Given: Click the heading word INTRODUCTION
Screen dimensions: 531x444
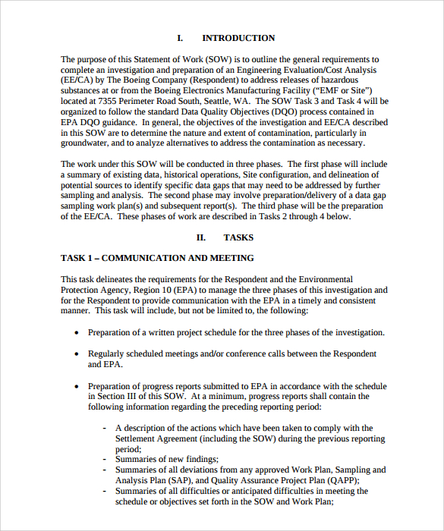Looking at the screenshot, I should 238,38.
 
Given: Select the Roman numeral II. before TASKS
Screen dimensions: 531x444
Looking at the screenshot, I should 202,237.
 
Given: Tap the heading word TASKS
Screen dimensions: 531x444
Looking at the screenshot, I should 238,237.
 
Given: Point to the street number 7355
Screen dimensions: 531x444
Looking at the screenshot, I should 110,100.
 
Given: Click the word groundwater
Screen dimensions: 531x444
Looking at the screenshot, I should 85,143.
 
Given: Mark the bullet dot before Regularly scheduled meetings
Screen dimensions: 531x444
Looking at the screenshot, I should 76,354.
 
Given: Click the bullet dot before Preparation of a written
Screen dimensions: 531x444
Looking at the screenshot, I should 76,333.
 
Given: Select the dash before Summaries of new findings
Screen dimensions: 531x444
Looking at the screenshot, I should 104,459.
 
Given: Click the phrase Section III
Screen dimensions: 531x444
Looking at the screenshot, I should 111,396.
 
